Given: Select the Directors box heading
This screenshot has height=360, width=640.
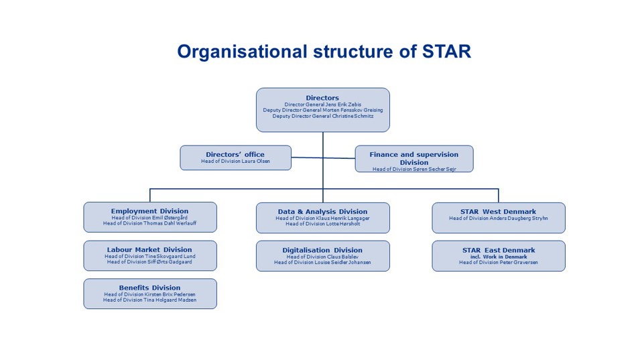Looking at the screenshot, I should coord(322,98).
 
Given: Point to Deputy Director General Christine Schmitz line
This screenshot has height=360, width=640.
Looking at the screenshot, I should coord(322,116).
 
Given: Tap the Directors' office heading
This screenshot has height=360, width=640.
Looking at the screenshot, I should coord(235,154).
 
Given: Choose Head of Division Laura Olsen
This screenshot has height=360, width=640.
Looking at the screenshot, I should coord(235,162).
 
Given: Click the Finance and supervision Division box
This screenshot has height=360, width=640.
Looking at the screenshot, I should coord(413,158).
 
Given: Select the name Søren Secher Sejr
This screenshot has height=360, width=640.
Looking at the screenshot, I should coord(429,169).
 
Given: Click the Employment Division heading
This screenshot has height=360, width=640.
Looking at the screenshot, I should coord(149,211).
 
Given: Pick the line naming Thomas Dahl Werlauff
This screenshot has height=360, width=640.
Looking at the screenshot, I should coord(149,224).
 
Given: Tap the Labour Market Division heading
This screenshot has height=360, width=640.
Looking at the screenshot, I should coord(149,249).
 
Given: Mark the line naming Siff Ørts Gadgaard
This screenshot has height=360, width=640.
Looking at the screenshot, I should coord(149,262).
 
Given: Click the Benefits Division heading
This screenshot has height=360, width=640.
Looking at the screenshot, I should coord(149,288).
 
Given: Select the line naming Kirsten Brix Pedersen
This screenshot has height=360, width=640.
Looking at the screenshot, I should coord(149,294).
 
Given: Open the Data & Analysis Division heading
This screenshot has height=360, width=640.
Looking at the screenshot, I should coord(322,211).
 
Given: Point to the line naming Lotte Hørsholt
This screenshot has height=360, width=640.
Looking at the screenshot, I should coord(322,224).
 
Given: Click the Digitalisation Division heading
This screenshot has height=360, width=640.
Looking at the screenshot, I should coord(322,250).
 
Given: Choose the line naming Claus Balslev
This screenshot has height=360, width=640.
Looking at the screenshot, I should coord(322,257).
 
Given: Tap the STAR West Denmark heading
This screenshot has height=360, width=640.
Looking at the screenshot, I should coord(498,212).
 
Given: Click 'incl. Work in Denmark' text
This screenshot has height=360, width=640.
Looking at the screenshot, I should coord(498,256).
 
